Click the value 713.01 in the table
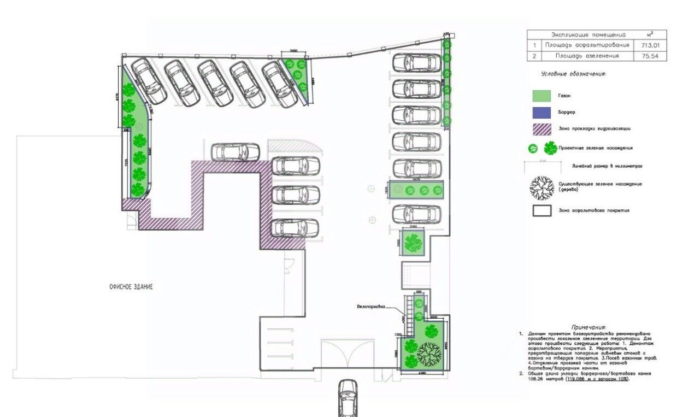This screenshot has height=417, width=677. tap(643, 45)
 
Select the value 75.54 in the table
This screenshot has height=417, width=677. tap(643, 56)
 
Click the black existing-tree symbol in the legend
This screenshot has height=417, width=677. tap(541, 187)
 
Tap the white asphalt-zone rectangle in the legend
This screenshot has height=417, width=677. tap(542, 211)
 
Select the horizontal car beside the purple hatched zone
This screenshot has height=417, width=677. tap(236, 152)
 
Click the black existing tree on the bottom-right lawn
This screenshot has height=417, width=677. tap(429, 354)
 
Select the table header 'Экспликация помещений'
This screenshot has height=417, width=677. tap(580, 34)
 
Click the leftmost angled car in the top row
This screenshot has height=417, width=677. tap(149, 80)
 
